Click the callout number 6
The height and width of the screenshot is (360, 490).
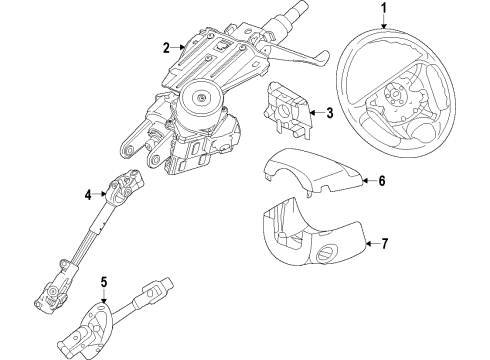coord(380,181)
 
